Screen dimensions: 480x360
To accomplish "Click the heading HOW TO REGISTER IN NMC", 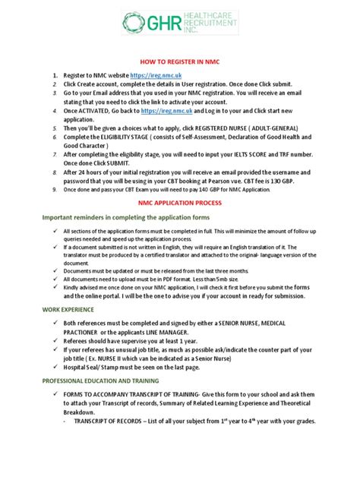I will tap(179, 62).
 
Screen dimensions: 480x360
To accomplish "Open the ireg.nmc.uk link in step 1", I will tap(156, 76).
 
